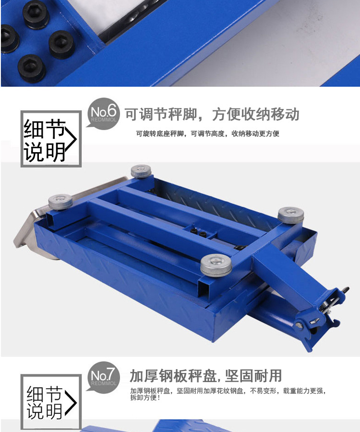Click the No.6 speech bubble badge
[104, 113]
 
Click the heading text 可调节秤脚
[161, 114]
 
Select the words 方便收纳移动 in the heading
[256, 114]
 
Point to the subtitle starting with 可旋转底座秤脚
[208, 134]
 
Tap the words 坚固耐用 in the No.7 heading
[253, 376]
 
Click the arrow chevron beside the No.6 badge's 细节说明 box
[72, 139]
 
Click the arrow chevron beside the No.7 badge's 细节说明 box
[71, 403]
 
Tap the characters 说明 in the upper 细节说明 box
[44, 152]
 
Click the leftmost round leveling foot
[60, 202]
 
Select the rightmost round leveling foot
[290, 216]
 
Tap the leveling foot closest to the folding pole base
[216, 265]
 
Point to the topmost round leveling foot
[141, 171]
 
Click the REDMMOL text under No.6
[104, 120]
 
